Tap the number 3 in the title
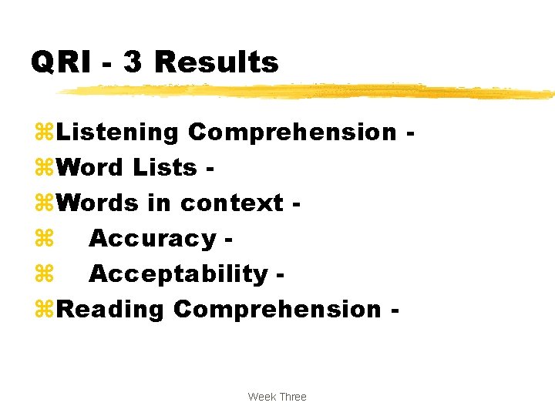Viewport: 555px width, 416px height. point(133,62)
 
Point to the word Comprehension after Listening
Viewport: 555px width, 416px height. point(292,132)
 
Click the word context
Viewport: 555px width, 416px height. point(232,203)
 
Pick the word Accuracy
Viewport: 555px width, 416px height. point(152,239)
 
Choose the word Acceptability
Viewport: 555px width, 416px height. point(178,274)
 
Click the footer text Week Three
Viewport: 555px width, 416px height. point(277,397)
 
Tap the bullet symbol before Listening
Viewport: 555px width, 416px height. point(43,133)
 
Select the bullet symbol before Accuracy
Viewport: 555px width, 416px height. point(43,239)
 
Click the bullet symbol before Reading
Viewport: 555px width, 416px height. point(43,309)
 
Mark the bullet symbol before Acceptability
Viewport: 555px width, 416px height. point(43,274)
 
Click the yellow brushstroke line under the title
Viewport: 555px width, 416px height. point(308,91)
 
